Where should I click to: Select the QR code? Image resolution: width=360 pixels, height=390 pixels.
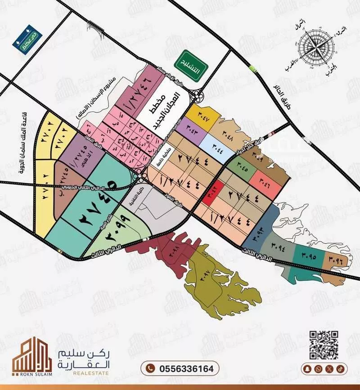pos(324,345)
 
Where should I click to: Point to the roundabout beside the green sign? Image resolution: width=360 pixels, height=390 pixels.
pos(197,95)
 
